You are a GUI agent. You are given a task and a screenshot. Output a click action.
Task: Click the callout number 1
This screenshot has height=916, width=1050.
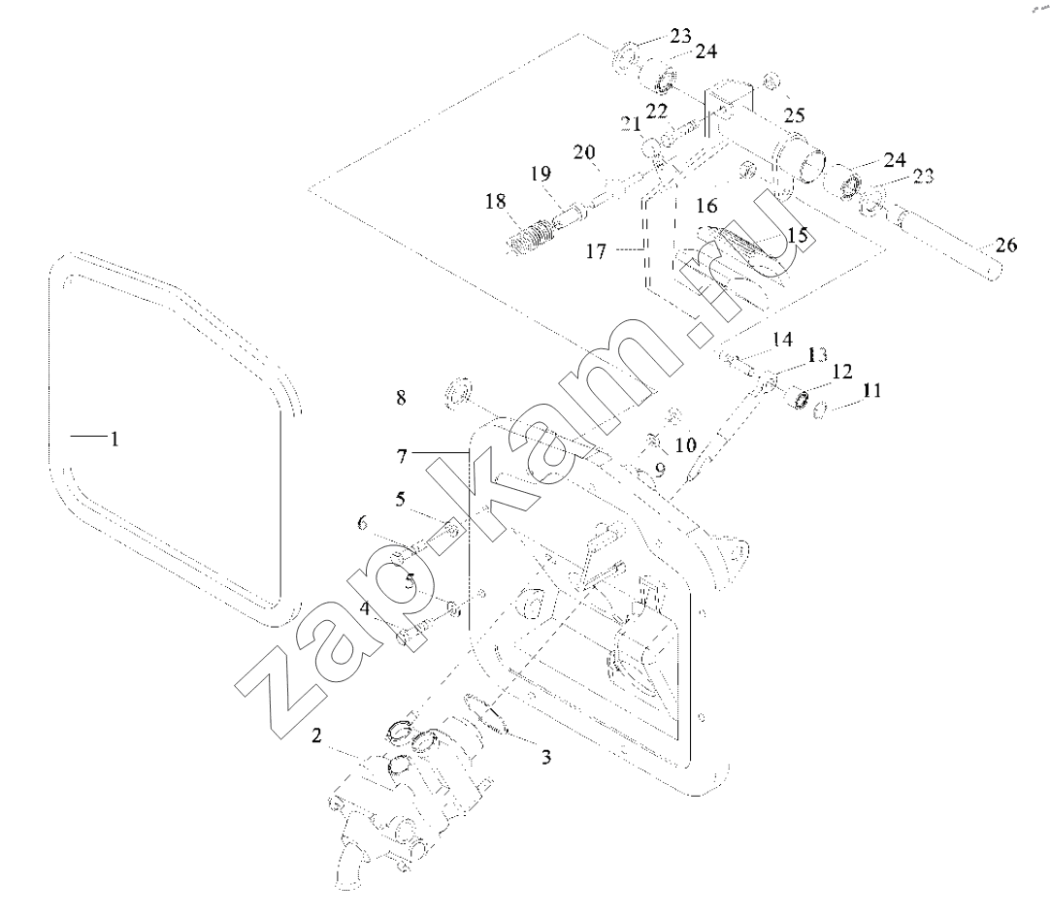tap(115, 440)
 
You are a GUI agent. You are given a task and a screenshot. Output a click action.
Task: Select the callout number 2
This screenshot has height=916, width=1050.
tap(316, 736)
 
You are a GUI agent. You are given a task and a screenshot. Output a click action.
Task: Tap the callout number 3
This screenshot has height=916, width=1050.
tap(546, 757)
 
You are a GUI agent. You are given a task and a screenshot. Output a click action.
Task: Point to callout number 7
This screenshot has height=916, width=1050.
tap(402, 456)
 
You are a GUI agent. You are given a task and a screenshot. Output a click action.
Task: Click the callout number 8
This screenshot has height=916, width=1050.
tap(401, 398)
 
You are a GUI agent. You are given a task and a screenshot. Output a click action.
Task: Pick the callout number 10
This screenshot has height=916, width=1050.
tap(686, 444)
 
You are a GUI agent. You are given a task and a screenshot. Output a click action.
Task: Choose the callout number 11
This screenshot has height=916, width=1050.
tap(871, 390)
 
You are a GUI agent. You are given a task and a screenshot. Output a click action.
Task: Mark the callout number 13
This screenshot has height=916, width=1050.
tap(816, 355)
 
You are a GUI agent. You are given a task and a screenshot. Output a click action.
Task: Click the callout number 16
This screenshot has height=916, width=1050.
tap(706, 206)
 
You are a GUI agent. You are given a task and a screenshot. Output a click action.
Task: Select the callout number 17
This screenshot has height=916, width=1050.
tap(596, 251)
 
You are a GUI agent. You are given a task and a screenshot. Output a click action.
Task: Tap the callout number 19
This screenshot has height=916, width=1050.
tap(541, 174)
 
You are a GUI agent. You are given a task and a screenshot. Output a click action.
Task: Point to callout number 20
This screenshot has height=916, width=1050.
tap(584, 152)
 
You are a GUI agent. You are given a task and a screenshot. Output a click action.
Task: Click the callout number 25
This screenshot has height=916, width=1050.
tap(794, 115)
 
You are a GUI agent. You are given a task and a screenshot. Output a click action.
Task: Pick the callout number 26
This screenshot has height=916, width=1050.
tap(1005, 245)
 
